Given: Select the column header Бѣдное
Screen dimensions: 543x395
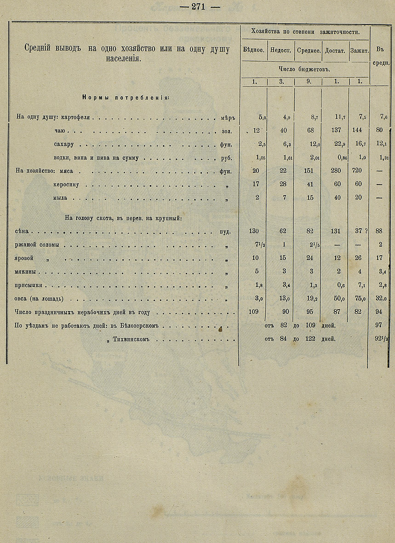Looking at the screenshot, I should pyautogui.click(x=254, y=50).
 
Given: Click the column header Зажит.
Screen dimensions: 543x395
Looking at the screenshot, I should pyautogui.click(x=359, y=50).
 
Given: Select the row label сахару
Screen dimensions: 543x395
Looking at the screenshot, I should pyautogui.click(x=64, y=144).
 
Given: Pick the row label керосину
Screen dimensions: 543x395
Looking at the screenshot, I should pyautogui.click(x=67, y=185).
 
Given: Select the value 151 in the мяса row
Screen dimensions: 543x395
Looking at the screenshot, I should pyautogui.click(x=309, y=171).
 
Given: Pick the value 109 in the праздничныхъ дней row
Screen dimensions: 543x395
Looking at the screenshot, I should pyautogui.click(x=254, y=312).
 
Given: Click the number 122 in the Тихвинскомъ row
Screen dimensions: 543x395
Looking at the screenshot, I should pyautogui.click(x=311, y=338).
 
